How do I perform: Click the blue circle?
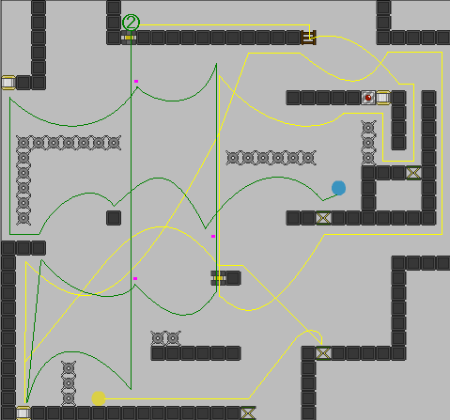pos(338,188)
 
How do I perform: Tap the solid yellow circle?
pos(99,398)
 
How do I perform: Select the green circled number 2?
pos(131,23)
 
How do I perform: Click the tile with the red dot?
pos(368,98)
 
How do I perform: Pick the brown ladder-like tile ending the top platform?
pos(308,38)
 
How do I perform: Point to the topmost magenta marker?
pos(136,81)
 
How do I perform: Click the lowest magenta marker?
pos(135,278)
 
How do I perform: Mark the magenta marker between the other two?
pos(213,236)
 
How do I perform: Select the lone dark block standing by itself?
pos(114,218)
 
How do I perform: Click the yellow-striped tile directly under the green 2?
pos(129,38)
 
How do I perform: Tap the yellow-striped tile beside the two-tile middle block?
pos(218,278)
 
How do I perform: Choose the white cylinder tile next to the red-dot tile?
pos(383,98)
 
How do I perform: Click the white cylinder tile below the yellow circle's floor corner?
pos(23,413)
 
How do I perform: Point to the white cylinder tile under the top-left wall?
pos(8,83)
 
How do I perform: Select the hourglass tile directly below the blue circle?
pos(323,218)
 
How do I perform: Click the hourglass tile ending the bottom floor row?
pos(248,413)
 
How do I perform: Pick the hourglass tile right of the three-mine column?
pos(413,173)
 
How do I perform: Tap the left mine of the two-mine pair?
pos(158,338)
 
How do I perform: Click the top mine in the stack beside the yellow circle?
pos(69,368)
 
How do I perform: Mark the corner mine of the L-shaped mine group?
pos(23,143)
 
